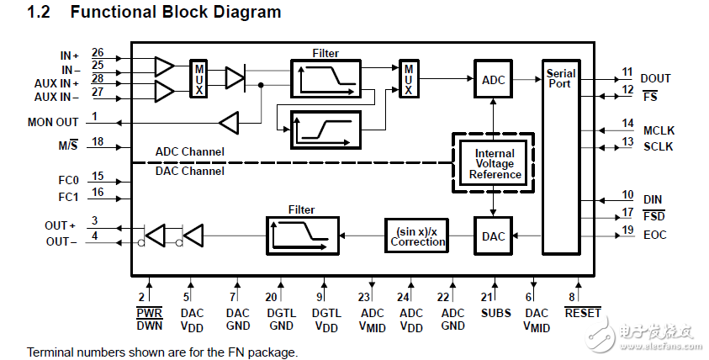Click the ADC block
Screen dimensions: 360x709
[494, 79]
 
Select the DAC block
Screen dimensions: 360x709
[494, 236]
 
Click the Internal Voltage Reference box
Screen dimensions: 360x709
[494, 164]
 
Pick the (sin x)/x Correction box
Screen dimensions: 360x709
[418, 236]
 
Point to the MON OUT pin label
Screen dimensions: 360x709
[53, 122]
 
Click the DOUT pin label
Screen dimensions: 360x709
[656, 78]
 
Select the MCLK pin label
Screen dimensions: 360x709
[659, 130]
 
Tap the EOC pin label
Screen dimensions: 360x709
[653, 235]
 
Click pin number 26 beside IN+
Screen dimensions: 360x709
[98, 52]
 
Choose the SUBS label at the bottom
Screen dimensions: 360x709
[495, 313]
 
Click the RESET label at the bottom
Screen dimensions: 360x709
[582, 313]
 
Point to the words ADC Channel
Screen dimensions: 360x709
[190, 152]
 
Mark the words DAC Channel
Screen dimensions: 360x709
[190, 171]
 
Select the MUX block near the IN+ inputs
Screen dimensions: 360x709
[198, 79]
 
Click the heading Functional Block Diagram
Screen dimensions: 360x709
[175, 13]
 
